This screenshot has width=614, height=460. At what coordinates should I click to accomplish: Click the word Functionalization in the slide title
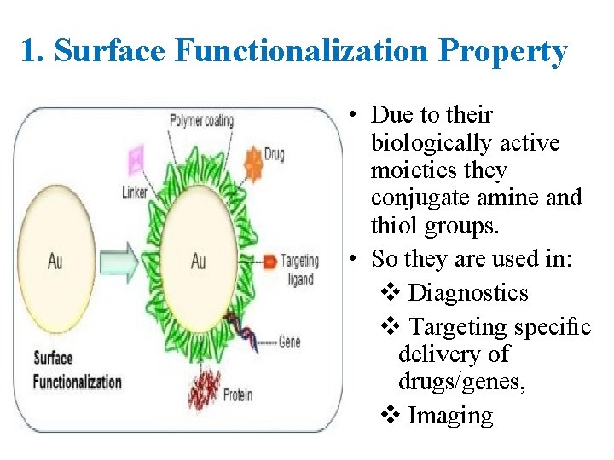[303, 52]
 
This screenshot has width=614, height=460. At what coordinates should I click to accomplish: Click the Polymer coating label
[200, 121]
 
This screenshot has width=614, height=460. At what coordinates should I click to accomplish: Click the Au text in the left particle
[55, 262]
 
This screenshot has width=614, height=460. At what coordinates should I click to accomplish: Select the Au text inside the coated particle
[199, 262]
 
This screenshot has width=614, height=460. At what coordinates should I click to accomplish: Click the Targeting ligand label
[300, 268]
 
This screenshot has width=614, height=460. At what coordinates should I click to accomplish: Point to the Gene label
[290, 342]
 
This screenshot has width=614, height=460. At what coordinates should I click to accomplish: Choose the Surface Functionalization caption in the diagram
[77, 371]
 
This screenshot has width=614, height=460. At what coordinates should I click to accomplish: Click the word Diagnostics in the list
[468, 293]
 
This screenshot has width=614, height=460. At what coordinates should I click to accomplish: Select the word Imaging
[450, 416]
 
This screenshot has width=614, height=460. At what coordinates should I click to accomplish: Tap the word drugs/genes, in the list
[461, 383]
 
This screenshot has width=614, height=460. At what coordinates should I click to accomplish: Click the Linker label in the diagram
[135, 192]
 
